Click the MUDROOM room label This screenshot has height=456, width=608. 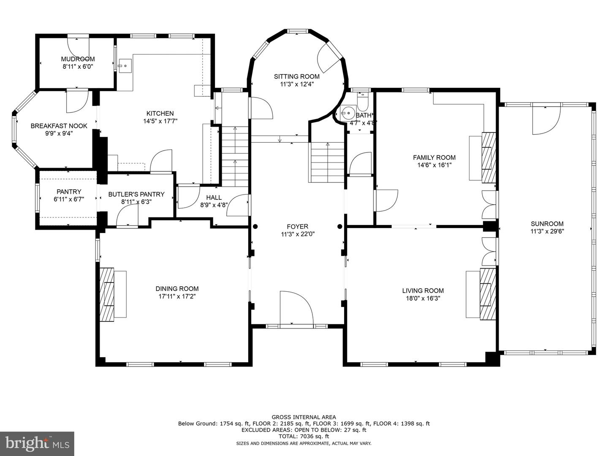[78, 59]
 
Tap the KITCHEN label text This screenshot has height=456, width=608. [160, 113]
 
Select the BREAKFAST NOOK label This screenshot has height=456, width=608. [59, 126]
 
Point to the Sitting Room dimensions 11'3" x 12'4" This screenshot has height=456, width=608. [297, 84]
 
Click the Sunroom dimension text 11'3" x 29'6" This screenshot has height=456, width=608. [547, 231]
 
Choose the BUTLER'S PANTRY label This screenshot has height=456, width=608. [136, 194]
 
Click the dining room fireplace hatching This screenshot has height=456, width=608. [107, 295]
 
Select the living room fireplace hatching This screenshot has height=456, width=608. [488, 294]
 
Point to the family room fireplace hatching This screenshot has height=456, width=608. [489, 157]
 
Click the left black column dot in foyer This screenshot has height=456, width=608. [255, 226]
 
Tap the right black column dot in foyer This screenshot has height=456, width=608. [340, 226]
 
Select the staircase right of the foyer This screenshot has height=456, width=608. [327, 162]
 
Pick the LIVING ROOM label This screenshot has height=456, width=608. [423, 291]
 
